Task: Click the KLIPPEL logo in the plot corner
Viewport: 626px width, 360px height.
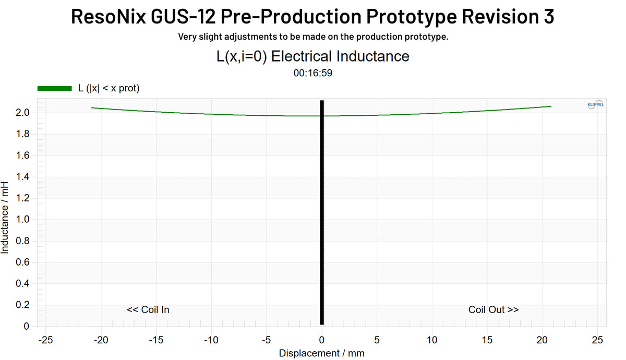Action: pos(595,104)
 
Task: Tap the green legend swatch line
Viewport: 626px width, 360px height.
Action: pos(54,89)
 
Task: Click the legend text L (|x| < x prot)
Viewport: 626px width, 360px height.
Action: pos(109,89)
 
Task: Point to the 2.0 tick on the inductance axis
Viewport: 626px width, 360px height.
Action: pos(22,113)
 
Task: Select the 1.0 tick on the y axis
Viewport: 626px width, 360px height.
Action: pos(22,220)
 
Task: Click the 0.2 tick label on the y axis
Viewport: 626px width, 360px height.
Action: pos(22,305)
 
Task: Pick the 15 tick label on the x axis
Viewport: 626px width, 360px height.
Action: pos(487,340)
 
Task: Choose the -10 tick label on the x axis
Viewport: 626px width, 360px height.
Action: pos(210,340)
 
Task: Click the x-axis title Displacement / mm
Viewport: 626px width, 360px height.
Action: pos(321,353)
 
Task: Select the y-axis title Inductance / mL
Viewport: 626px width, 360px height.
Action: pos(5,218)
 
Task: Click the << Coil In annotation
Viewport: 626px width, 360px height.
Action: pos(148,310)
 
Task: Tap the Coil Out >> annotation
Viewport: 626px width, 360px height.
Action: pos(493,310)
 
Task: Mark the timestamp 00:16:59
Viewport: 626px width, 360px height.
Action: pos(313,73)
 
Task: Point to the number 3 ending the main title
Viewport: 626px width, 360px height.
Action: pos(548,17)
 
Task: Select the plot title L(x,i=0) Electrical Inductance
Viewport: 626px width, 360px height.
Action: pos(313,56)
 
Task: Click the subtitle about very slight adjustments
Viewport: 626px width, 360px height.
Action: pos(313,37)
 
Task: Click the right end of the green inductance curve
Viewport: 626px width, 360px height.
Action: pos(551,106)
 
